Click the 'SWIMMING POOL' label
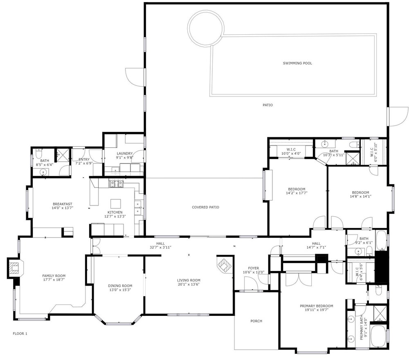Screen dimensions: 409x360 [x=297, y=63]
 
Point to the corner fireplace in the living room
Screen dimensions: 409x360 [x=224, y=265]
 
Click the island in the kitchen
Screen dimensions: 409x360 [x=116, y=203]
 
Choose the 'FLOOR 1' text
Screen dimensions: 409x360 [x=20, y=333]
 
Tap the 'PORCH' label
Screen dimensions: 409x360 [x=256, y=321]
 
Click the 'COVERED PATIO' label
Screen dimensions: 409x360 [x=206, y=207]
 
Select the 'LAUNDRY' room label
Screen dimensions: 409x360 [x=125, y=154]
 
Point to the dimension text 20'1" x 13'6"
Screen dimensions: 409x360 [x=189, y=284]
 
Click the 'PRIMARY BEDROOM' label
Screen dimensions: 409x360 [x=317, y=306]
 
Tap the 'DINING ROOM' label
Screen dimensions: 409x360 [x=120, y=286]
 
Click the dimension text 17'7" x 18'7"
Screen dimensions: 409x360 [x=54, y=280]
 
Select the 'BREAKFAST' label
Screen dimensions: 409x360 [x=62, y=204]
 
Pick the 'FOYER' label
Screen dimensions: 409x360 [x=254, y=268]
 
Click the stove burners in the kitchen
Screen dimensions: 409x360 [x=116, y=183]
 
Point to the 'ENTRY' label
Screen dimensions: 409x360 [x=84, y=159]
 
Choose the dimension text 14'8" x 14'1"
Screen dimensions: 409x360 [x=360, y=196]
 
